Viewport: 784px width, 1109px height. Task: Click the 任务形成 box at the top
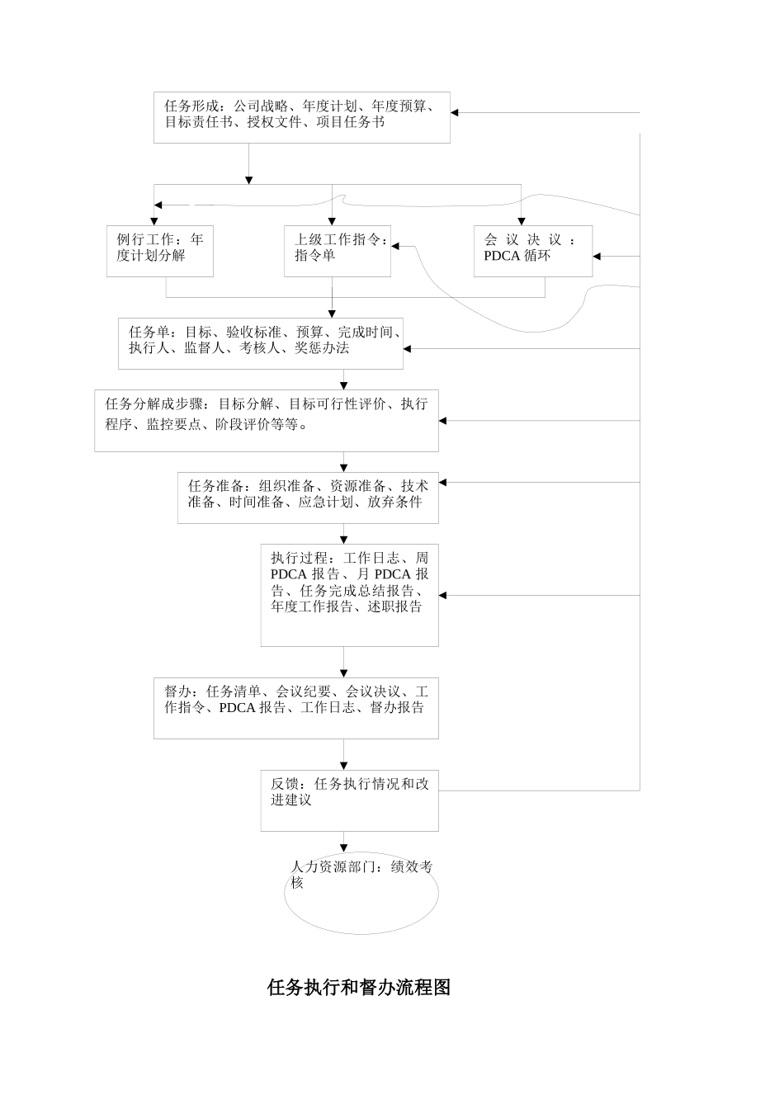tap(301, 117)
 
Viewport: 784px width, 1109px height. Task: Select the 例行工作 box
tap(159, 251)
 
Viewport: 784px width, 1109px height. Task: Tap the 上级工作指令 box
tap(337, 251)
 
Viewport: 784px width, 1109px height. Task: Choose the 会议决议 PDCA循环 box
tap(532, 251)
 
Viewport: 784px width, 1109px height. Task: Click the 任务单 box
tap(261, 342)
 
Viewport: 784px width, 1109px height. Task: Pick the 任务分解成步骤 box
tap(266, 420)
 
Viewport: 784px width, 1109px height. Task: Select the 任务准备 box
tap(308, 498)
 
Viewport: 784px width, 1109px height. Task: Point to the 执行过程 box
tap(349, 594)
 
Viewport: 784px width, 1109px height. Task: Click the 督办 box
tap(295, 708)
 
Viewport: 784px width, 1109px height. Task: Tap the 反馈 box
tap(349, 800)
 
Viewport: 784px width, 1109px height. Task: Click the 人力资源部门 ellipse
tap(361, 893)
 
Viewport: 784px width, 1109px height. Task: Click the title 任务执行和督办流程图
tap(359, 987)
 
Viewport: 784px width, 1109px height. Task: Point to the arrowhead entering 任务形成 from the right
tap(456, 113)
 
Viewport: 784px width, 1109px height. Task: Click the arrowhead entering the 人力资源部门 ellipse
tap(344, 848)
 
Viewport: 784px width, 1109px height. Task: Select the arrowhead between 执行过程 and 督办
tap(344, 673)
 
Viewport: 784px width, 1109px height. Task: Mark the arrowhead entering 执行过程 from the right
tap(443, 595)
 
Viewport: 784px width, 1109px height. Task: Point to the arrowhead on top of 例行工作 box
tap(154, 220)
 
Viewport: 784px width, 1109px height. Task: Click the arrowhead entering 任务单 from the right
tap(408, 349)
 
